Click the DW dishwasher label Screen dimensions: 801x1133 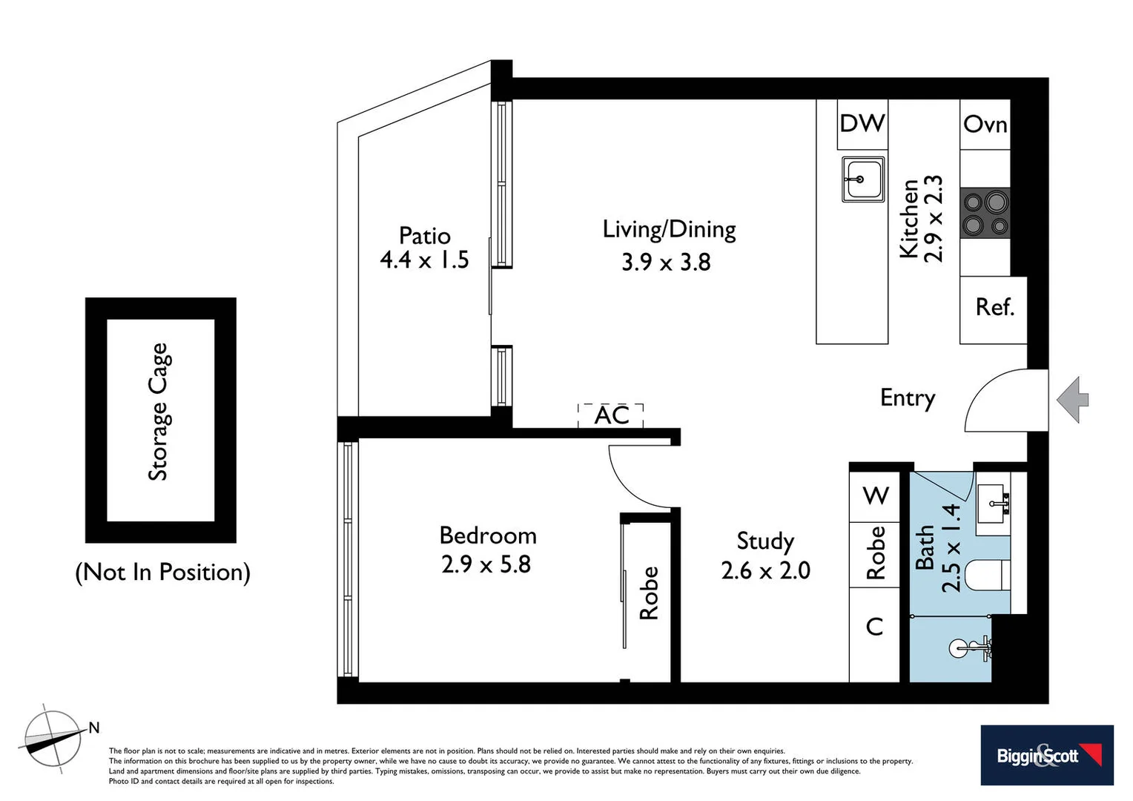tap(862, 123)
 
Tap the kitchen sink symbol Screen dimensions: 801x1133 tap(862, 179)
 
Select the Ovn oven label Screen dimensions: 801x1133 tap(985, 124)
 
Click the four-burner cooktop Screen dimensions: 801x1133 tap(985, 213)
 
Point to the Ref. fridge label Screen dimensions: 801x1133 tap(994, 307)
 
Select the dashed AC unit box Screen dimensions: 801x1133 tap(611, 415)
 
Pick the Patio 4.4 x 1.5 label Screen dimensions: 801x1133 tap(424, 248)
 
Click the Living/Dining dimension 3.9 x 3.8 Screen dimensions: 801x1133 tap(666, 262)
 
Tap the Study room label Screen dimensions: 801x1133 tap(765, 541)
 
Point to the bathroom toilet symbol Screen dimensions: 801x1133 tap(989, 575)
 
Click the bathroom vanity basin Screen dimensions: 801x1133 tap(992, 503)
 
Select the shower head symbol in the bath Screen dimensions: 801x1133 tap(970, 648)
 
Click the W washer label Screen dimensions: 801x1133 tap(876, 495)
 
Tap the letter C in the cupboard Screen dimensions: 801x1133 tap(875, 627)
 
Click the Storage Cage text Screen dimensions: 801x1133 tap(159, 412)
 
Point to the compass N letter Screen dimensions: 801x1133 tap(94, 728)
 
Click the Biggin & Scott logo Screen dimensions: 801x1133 tap(1046, 755)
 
